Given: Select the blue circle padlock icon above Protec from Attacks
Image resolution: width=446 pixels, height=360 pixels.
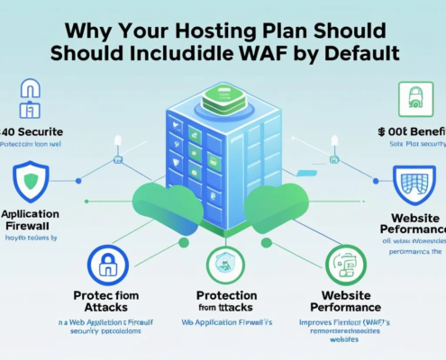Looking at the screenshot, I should pos(108,265).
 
